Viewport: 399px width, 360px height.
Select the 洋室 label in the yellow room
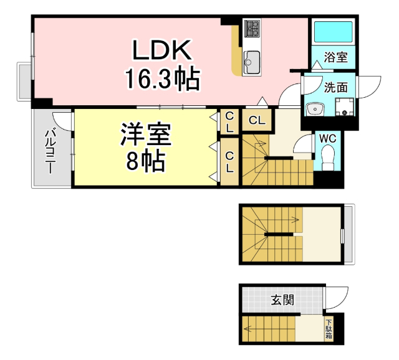145,135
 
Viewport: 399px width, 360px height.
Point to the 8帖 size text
145,161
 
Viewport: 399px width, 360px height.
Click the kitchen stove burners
252,28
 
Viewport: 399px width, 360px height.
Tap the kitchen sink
252,61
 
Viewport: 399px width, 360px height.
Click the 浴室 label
337,58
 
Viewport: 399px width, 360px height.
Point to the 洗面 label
335,88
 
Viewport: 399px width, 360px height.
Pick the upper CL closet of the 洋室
229,122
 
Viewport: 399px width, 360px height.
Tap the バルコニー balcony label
50,149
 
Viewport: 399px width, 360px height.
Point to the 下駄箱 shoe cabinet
329,329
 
